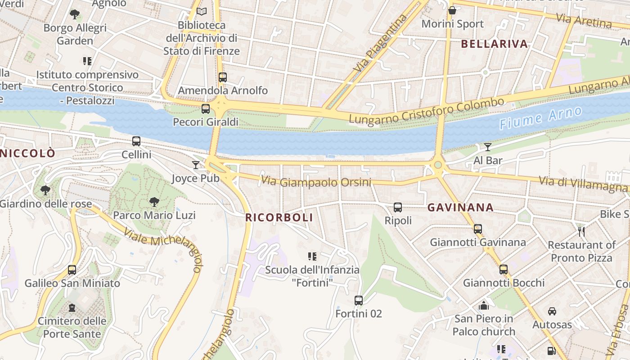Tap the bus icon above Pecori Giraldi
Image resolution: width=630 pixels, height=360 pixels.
(206, 108)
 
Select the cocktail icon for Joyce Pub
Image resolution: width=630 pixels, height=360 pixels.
(195, 165)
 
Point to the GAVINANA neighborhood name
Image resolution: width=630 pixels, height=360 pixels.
(460, 208)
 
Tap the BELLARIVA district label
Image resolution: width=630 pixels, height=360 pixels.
(494, 44)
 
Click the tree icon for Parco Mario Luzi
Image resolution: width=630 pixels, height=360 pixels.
(154, 202)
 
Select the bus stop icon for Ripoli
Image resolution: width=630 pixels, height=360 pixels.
(398, 207)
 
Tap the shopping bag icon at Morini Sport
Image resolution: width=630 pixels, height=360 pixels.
(452, 10)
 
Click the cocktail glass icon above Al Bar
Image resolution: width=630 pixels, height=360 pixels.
(487, 147)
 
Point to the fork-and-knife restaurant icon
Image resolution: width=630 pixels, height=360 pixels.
(581, 232)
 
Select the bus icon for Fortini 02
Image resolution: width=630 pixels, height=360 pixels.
(359, 300)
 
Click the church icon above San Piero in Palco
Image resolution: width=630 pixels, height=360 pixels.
(484, 306)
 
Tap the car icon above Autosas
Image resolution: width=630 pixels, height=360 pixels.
(552, 311)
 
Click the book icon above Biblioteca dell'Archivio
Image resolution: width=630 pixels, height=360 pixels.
(201, 11)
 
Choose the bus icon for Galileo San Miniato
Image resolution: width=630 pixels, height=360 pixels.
(72, 270)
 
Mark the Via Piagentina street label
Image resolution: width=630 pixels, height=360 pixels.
(380, 43)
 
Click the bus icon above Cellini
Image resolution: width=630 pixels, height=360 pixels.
(136, 141)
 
